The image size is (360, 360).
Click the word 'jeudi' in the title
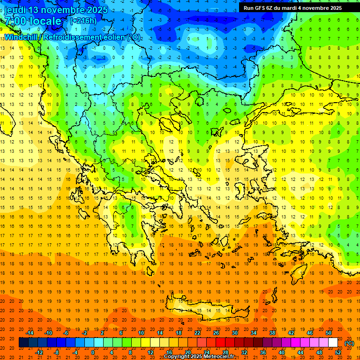pos(15,10)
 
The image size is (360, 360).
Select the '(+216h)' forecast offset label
pos(83,21)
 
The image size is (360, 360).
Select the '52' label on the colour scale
pos(338,352)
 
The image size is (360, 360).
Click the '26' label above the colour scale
pos(216,333)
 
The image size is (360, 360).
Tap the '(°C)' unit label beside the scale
pos(349,343)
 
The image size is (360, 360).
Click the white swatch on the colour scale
pos(333,343)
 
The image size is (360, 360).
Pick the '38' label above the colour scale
pos(272,333)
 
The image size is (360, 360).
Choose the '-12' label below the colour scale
pos(39,352)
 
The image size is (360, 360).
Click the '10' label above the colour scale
pos(141,333)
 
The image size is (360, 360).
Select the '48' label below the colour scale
pos(319,352)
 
